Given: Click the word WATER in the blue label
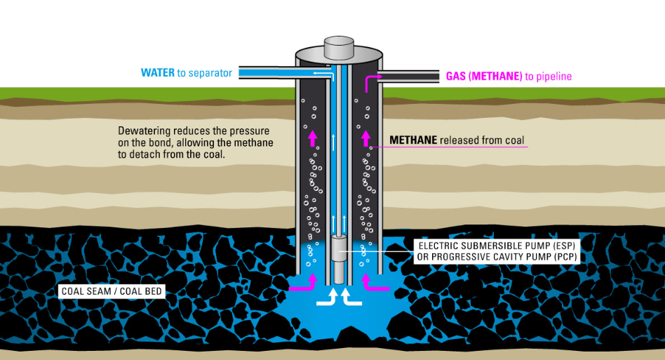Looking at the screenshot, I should click(158, 73).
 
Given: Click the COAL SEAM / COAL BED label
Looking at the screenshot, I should click(112, 291).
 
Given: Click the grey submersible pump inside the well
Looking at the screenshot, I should click(339, 259).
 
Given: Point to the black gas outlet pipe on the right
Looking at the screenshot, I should click(407, 75).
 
